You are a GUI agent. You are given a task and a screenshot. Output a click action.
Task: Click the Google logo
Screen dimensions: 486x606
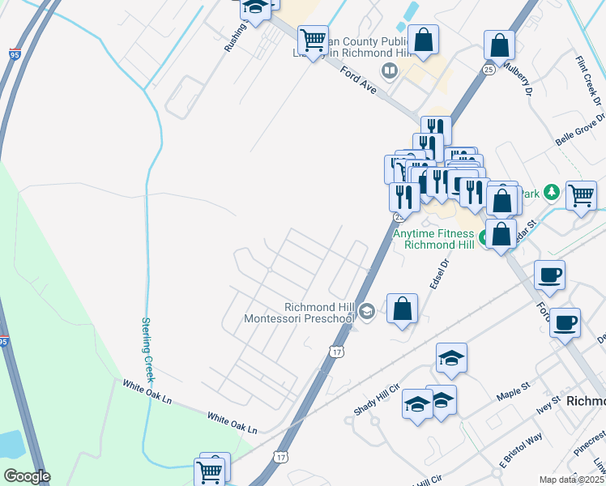(26, 476)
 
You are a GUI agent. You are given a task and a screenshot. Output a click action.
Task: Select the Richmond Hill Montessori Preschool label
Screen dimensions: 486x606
(300, 313)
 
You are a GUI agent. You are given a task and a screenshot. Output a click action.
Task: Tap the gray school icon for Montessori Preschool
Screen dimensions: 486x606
(367, 312)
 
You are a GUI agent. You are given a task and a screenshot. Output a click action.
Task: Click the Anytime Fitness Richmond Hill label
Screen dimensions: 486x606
(433, 238)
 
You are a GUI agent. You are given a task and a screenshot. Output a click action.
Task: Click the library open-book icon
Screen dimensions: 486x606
(390, 72)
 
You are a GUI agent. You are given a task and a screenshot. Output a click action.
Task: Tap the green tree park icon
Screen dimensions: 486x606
(551, 192)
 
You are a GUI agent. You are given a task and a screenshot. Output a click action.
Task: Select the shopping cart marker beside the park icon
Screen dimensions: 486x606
(581, 194)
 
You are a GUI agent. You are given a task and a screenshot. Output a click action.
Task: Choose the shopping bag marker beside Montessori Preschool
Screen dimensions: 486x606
(402, 309)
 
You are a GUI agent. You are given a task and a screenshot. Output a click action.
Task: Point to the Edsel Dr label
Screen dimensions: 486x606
(439, 275)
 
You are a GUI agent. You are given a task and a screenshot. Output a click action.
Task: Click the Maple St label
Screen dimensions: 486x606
(511, 387)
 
